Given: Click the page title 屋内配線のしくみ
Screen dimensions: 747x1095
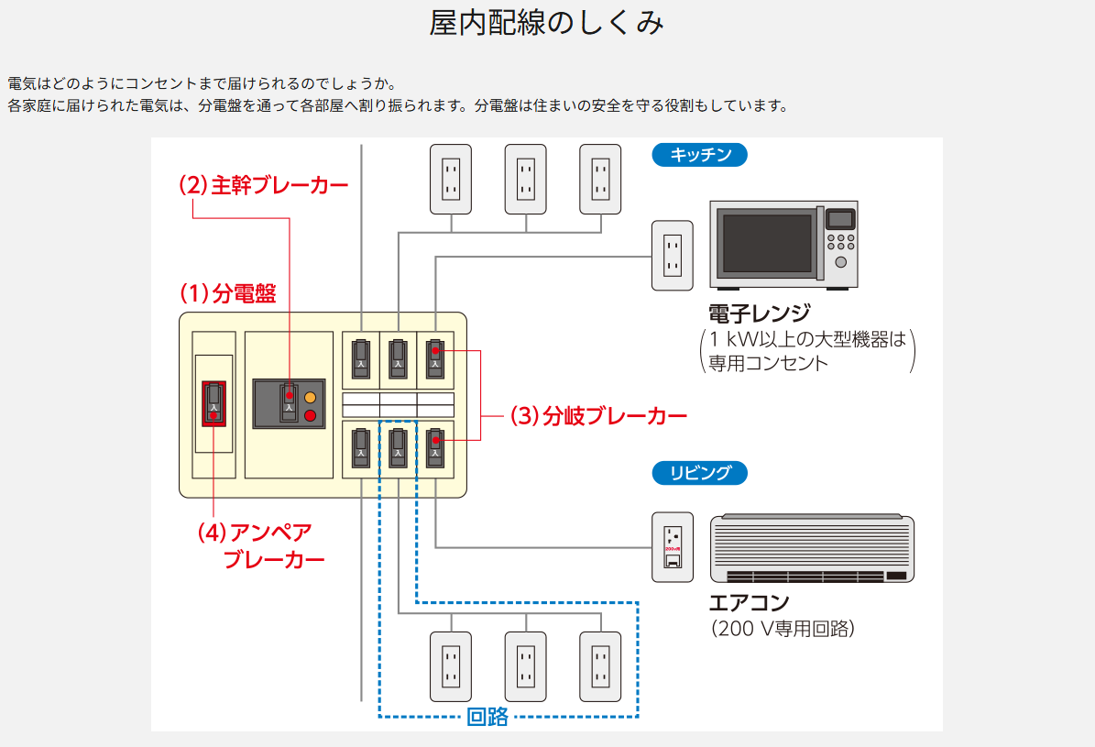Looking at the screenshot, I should coord(546,24).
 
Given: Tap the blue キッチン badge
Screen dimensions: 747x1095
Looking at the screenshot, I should coord(700,155).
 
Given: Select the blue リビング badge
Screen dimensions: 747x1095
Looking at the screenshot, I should coord(700,473).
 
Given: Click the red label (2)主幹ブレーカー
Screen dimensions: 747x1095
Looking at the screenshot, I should coord(263,185).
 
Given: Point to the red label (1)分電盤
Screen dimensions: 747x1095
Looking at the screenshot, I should coord(227,293).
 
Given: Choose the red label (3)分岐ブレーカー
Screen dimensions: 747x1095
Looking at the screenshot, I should coord(598,416).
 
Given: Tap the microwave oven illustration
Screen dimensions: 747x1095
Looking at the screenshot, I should coord(784,243).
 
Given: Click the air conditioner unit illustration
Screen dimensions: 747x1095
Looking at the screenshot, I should coord(812,548).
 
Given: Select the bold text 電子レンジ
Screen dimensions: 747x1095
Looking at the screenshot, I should coord(759,312).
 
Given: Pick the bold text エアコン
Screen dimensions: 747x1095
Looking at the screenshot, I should coord(749,603).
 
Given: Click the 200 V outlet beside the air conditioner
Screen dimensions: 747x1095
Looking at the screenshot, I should coord(673,546).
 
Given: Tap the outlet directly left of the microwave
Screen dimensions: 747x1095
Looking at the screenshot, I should coord(672,255).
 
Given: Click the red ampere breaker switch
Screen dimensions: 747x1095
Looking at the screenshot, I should coord(214,403).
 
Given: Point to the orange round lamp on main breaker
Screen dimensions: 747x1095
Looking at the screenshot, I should coord(310,398).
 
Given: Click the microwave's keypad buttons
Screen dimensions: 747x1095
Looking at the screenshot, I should coord(840,242).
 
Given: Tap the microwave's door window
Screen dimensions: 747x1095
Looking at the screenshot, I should coord(768,243).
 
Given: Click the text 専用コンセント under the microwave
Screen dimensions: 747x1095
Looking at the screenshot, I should coord(768,363).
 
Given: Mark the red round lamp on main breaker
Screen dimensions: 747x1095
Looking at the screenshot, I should coord(310,415).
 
